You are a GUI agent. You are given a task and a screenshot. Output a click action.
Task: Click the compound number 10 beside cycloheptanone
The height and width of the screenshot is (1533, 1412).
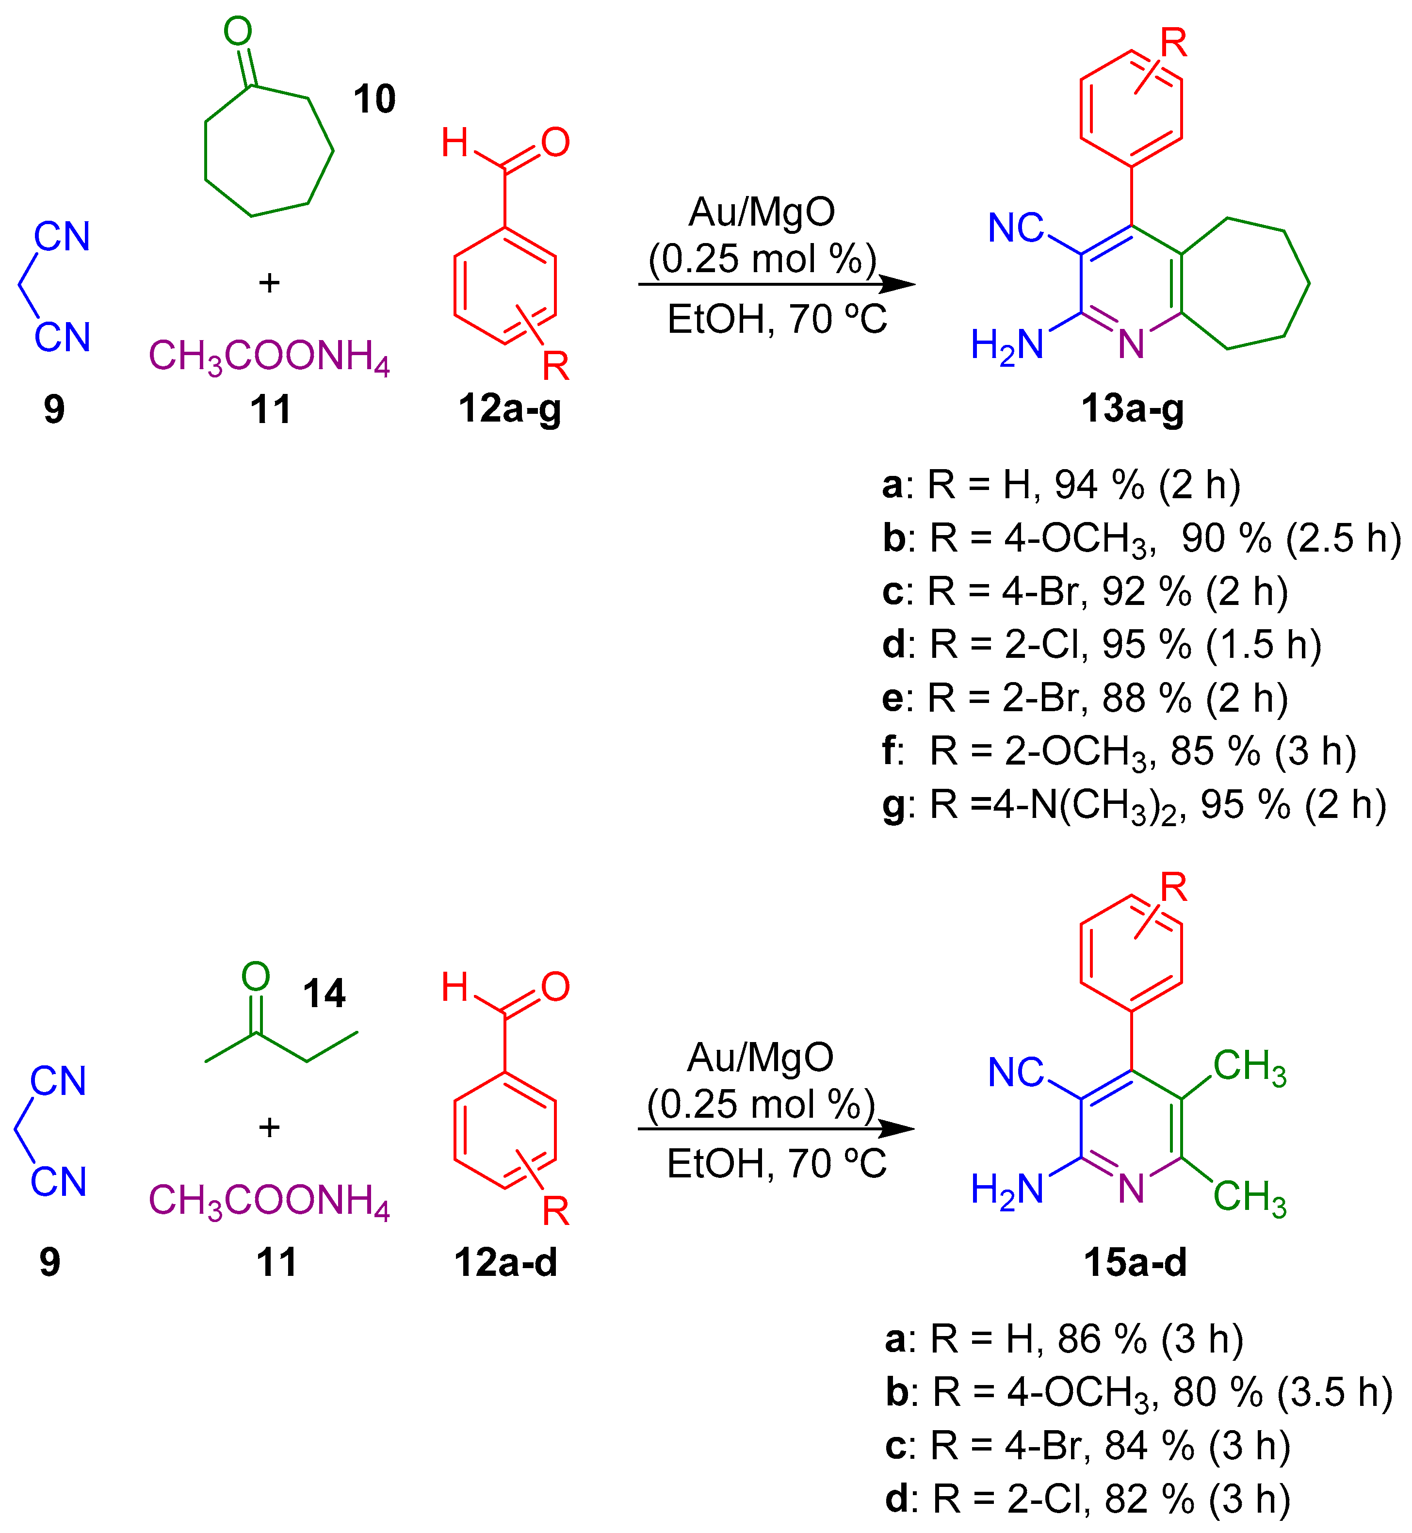(x=374, y=99)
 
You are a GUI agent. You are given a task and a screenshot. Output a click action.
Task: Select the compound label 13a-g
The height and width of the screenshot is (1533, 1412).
(x=1132, y=409)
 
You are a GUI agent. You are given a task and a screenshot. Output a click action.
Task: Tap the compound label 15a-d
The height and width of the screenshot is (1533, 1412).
(x=1136, y=1262)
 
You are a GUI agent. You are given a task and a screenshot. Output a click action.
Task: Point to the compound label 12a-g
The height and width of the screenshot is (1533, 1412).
(x=510, y=409)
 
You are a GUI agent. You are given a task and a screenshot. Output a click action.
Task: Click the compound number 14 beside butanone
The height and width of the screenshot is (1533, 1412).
(x=324, y=994)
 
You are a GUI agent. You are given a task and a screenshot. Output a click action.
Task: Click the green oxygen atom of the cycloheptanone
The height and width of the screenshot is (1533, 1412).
(x=238, y=32)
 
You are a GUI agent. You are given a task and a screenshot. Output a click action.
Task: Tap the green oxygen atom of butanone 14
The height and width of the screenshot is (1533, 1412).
(x=255, y=976)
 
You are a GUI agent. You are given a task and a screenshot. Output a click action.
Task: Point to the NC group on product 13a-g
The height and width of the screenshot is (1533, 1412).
(x=1015, y=228)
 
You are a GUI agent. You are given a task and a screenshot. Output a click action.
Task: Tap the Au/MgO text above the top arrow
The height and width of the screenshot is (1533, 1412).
(x=762, y=212)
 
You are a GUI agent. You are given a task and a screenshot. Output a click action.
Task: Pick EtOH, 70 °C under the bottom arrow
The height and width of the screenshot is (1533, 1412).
(x=776, y=1163)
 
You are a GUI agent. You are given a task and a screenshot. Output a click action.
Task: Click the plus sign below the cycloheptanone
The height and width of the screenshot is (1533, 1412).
(x=269, y=283)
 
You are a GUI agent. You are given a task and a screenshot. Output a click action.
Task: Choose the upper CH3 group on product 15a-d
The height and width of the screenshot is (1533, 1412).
(x=1249, y=1066)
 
